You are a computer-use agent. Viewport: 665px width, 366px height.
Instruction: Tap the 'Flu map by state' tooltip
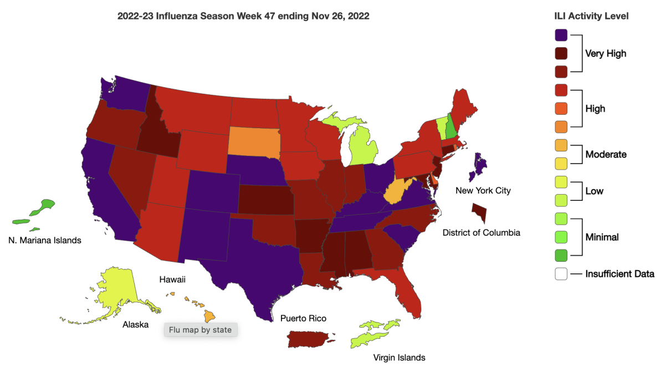pos(201,329)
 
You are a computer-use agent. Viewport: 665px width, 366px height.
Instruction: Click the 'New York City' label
pos(483,191)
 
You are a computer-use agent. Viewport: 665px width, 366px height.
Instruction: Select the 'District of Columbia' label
pos(481,233)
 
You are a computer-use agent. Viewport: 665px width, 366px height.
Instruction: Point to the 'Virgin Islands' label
pos(399,358)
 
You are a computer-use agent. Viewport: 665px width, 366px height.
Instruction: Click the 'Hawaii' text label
pos(172,280)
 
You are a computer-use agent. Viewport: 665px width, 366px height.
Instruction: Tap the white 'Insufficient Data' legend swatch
pos(561,274)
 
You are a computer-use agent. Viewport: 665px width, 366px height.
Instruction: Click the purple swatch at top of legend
pos(561,34)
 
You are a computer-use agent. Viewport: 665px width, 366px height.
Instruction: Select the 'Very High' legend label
pos(606,54)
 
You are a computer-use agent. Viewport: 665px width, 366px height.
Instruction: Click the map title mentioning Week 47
pos(243,16)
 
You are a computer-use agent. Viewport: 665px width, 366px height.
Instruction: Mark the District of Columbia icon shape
pos(479,212)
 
